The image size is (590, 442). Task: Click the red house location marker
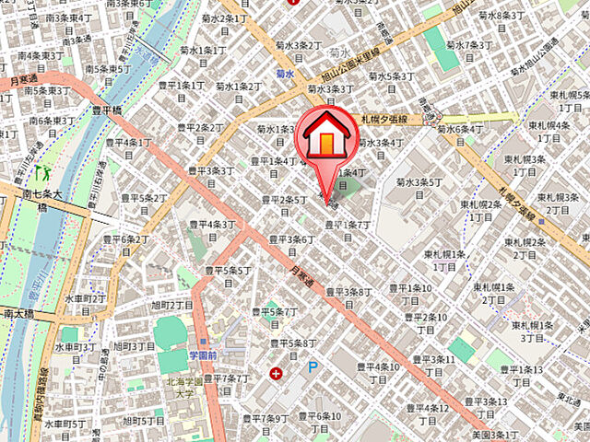(325, 136)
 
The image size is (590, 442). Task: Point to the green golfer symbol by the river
(41, 171)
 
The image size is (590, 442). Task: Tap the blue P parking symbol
(313, 366)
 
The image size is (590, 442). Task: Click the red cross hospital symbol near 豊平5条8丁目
(277, 373)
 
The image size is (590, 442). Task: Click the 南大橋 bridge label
(18, 314)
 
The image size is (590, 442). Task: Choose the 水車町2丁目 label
(85, 299)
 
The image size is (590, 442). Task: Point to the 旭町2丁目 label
(171, 305)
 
